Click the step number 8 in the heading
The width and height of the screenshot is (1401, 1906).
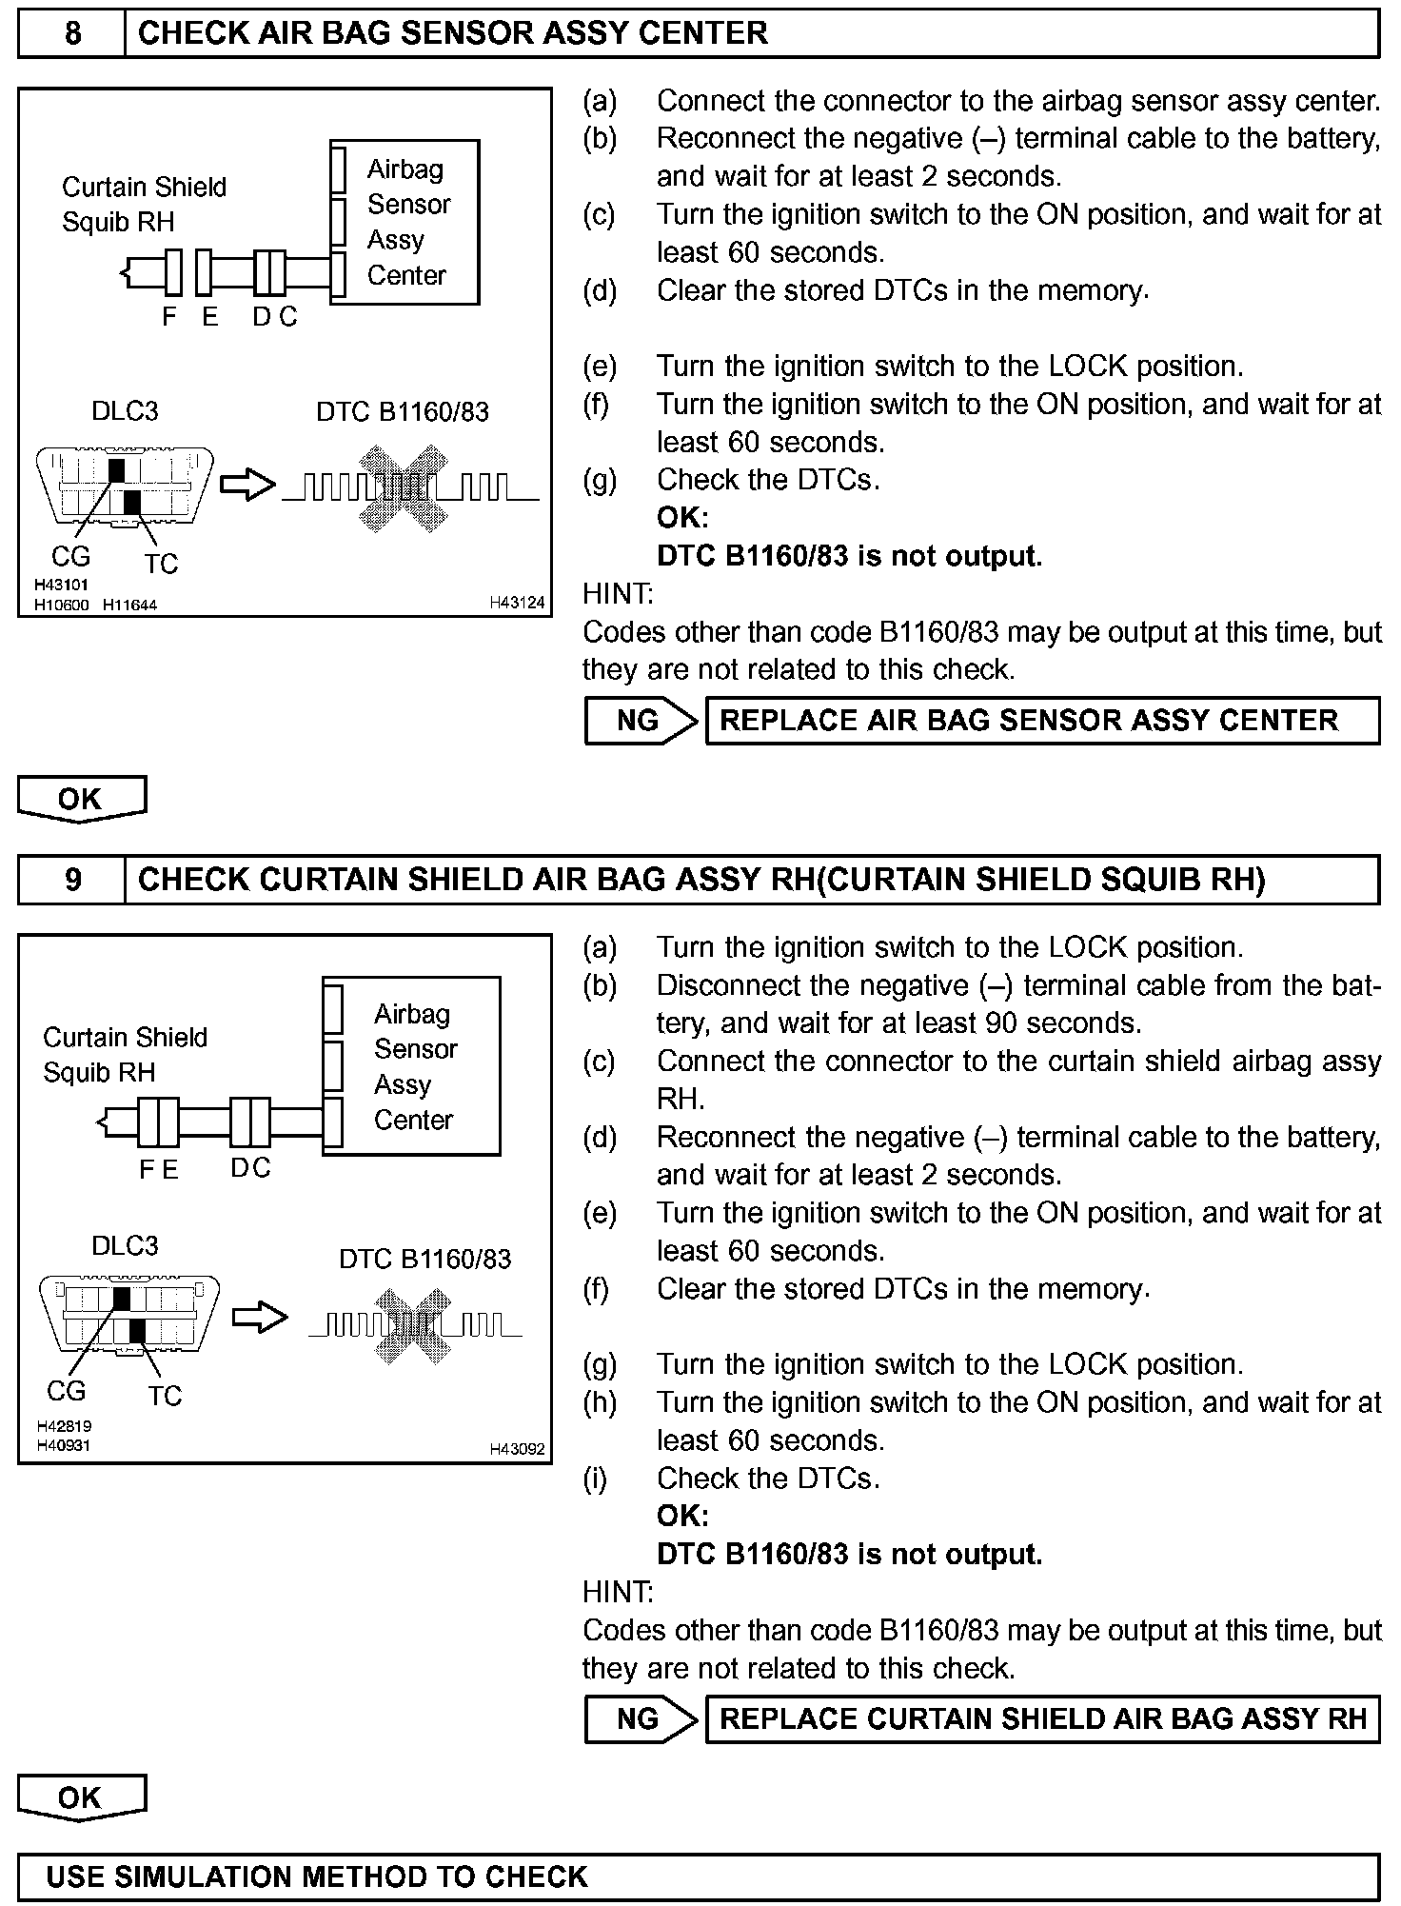pos(72,34)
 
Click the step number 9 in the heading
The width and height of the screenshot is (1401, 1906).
pos(72,880)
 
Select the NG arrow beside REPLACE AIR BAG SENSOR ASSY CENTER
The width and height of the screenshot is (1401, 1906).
pos(640,721)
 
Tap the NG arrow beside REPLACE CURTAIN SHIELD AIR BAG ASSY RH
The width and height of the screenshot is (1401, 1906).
pos(640,1719)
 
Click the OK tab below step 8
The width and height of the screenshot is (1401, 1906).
pos(81,799)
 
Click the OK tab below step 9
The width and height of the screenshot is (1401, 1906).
pos(81,1797)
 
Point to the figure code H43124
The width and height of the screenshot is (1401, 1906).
pos(517,603)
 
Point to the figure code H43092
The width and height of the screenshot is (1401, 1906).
pos(517,1449)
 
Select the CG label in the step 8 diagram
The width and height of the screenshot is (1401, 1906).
pos(70,556)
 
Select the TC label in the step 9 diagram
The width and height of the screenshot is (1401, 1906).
pos(164,1396)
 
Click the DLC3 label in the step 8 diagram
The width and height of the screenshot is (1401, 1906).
pos(125,411)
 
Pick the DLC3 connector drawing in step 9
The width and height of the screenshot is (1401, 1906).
pos(128,1315)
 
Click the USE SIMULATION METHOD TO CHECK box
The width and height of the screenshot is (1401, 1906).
pos(699,1876)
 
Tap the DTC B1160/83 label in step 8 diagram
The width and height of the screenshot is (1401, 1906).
pos(403,411)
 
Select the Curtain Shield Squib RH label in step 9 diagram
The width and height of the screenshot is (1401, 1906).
pos(125,1055)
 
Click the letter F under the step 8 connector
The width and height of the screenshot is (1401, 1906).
pos(169,317)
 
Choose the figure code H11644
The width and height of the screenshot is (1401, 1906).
pos(129,605)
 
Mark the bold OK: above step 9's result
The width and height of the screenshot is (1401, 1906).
pos(682,1516)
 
